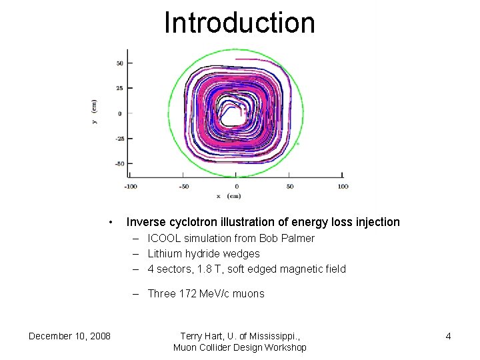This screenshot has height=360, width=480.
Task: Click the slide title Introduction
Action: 239,22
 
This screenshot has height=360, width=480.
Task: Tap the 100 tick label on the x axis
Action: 343,186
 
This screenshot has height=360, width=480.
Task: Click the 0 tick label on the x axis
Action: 236,186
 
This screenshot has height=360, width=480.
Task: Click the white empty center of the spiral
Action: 232,115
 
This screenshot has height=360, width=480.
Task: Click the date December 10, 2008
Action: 69,336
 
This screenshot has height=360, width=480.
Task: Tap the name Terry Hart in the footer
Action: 203,336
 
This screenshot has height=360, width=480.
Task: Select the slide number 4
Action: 448,336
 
